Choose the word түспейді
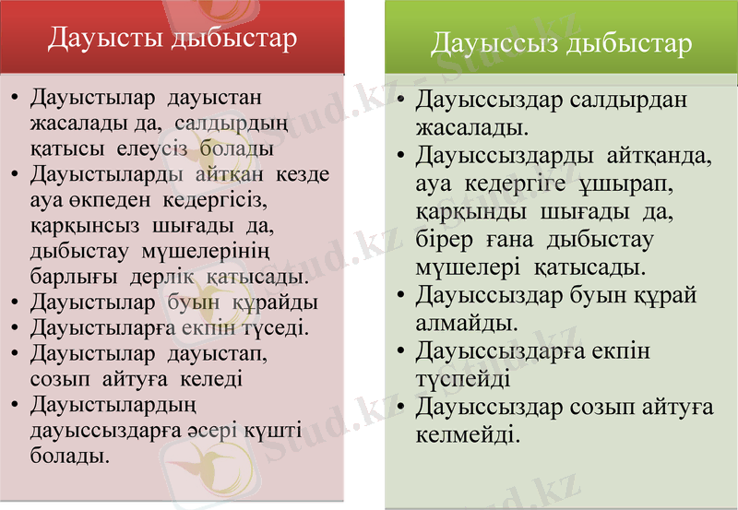pos(463,378)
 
